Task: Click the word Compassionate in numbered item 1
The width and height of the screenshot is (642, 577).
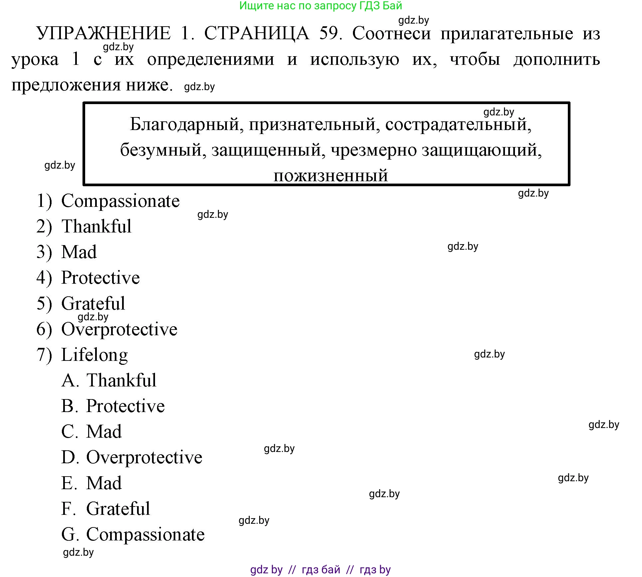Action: [120, 201]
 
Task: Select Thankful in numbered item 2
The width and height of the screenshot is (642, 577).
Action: [96, 227]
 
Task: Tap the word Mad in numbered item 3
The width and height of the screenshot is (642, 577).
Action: [79, 252]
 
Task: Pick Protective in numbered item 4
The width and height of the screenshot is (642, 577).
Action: [100, 278]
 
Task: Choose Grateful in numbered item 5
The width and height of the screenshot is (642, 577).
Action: [93, 303]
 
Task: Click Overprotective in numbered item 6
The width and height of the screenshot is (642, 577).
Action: [119, 329]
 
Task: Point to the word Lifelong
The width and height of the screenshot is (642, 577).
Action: [94, 355]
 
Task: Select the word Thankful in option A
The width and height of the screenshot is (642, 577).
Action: [121, 380]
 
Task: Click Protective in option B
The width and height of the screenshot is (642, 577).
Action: [125, 406]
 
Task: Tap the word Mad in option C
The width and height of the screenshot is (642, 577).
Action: [104, 432]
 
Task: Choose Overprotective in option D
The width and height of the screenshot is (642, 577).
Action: [144, 457]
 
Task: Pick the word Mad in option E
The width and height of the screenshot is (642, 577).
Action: [104, 483]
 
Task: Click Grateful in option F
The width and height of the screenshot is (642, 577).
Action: [118, 509]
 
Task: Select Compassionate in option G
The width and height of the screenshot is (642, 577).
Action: [145, 535]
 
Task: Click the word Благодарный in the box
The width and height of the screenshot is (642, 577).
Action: [184, 124]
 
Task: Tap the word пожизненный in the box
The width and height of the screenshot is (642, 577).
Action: [331, 175]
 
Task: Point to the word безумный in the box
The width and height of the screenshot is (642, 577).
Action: [161, 150]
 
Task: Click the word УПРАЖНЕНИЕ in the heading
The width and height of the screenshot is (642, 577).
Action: [103, 34]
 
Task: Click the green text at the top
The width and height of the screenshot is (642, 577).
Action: [321, 6]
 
